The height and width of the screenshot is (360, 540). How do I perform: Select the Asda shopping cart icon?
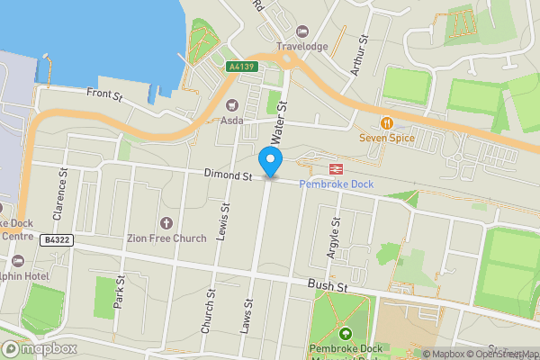(x=231, y=105)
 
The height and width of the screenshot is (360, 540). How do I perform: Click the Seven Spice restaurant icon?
(x=387, y=122)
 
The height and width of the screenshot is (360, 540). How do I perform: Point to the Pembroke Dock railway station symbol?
(x=334, y=168)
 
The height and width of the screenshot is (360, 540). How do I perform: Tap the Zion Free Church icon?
(x=165, y=222)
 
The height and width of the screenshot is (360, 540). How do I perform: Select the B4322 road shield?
(x=56, y=240)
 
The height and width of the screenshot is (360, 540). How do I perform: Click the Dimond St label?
(x=227, y=176)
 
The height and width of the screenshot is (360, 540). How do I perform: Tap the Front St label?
(x=104, y=94)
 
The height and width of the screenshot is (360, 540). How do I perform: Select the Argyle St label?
(x=335, y=236)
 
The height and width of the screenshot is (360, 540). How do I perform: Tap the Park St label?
(x=118, y=292)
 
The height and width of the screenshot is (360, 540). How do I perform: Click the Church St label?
(x=208, y=311)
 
